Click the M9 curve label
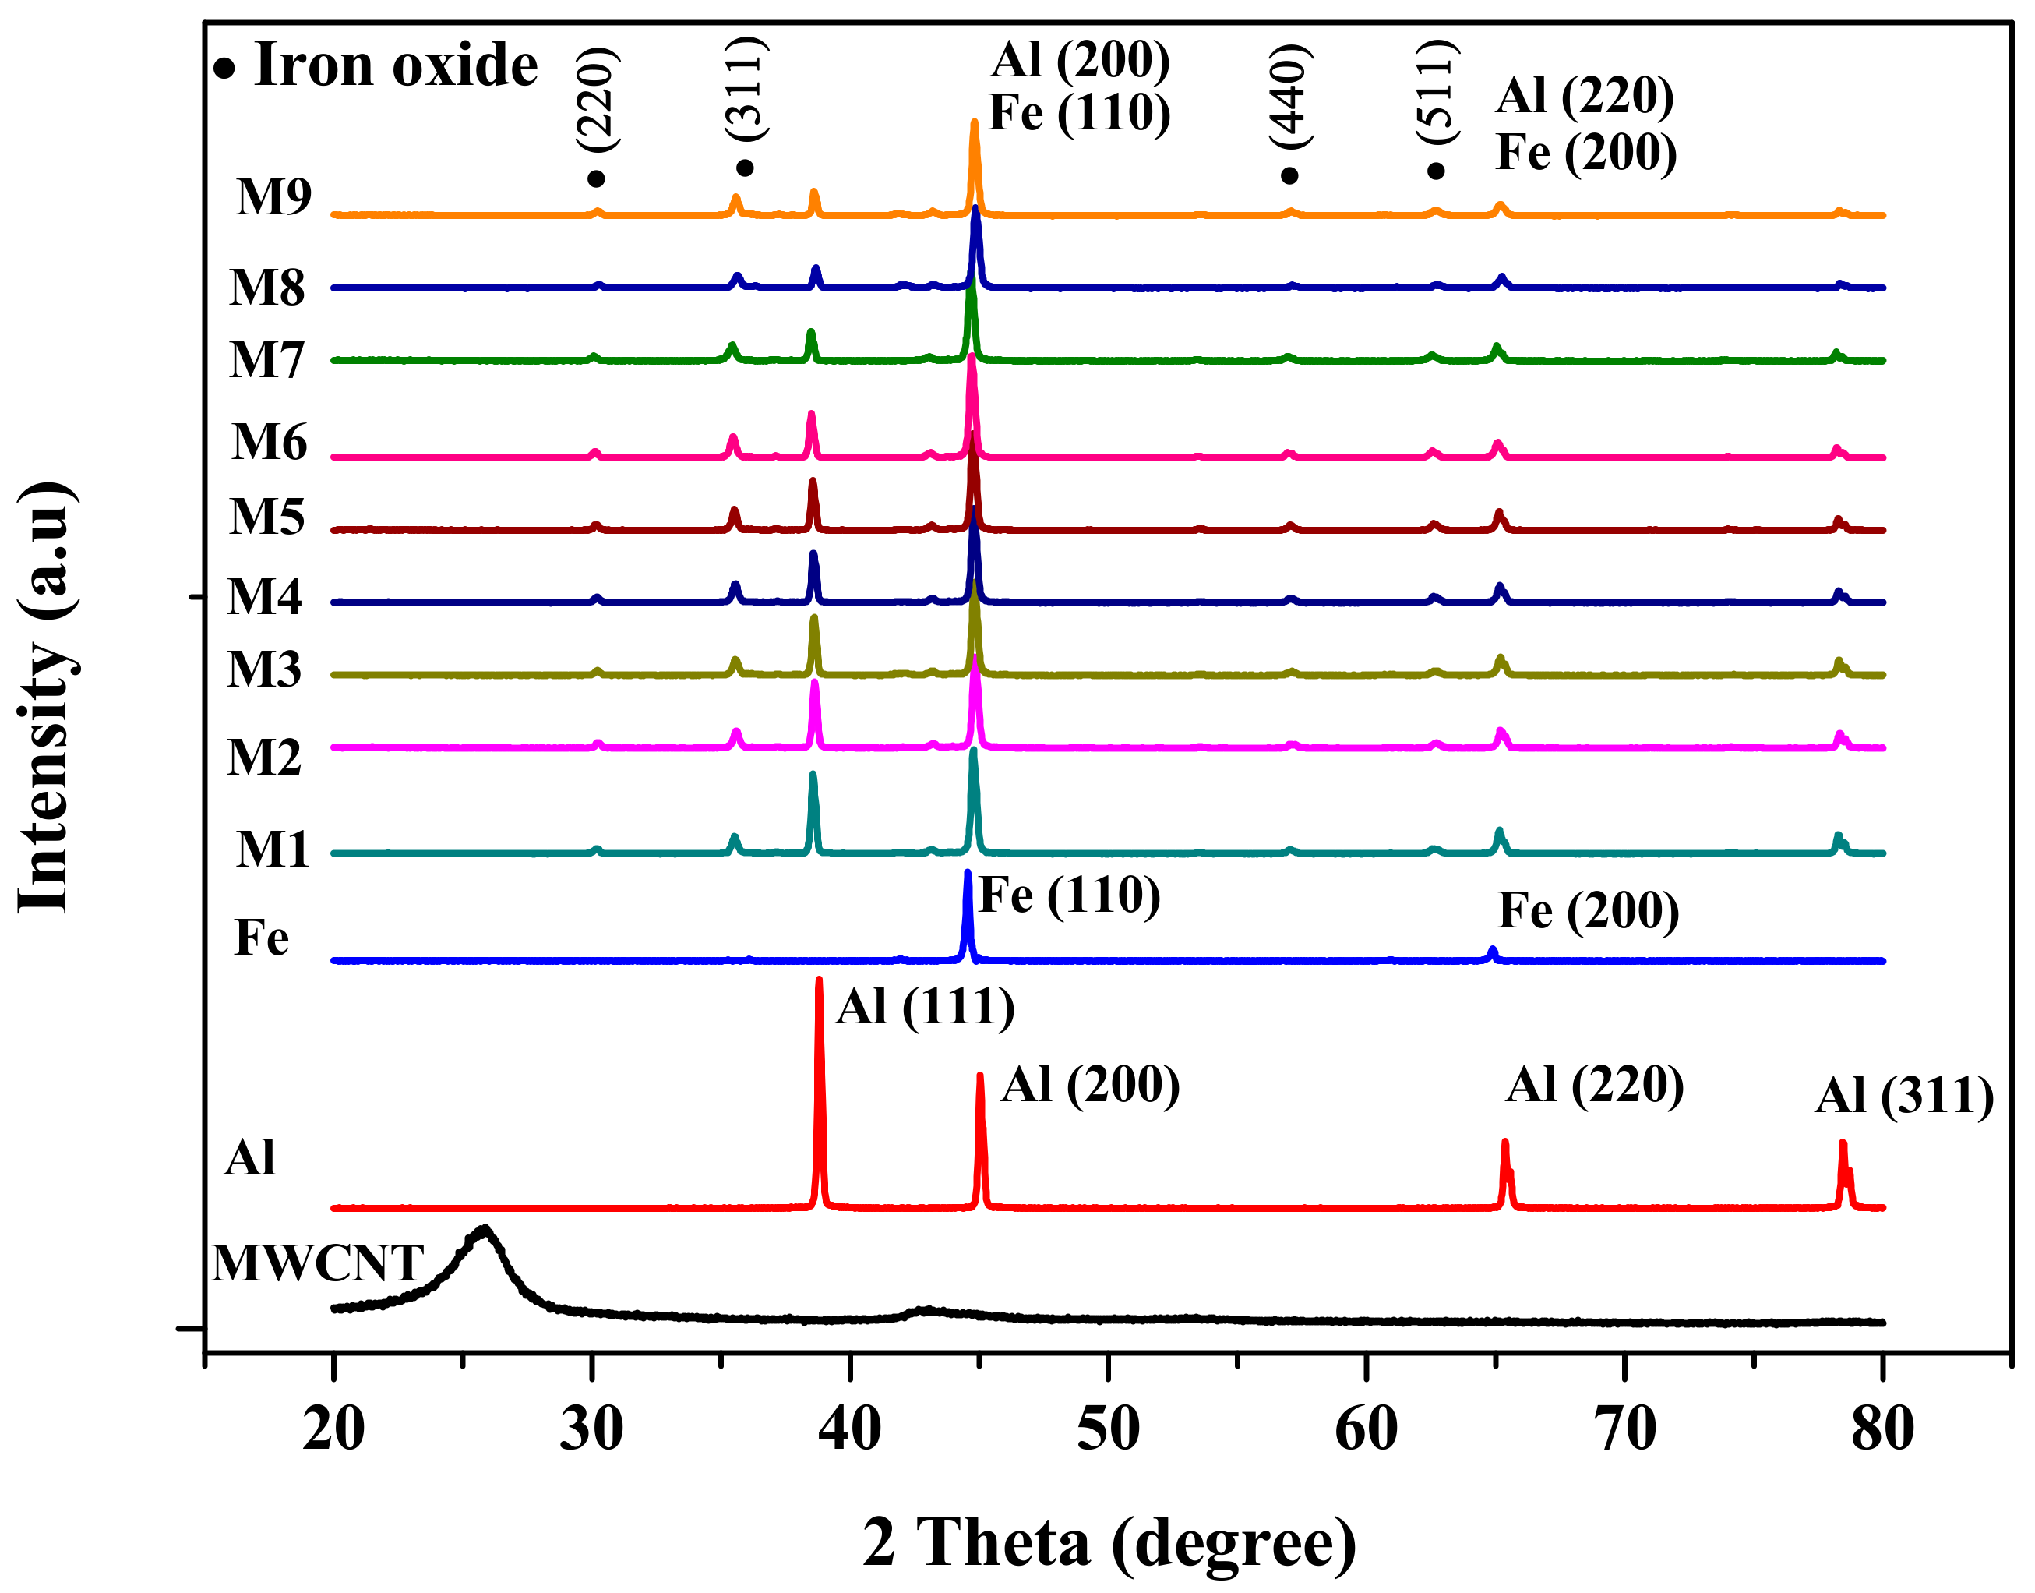273,197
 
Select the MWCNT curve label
318,1264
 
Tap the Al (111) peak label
925,1006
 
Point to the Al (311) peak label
1903,1095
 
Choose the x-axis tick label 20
333,1428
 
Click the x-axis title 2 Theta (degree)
1109,1542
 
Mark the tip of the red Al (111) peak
819,980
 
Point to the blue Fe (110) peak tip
967,872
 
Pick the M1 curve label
272,849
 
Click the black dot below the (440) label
1289,175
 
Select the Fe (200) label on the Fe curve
1589,910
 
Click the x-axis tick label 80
1882,1428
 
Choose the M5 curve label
267,516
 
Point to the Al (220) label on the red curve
1595,1085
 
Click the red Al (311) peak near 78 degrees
1842,1143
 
